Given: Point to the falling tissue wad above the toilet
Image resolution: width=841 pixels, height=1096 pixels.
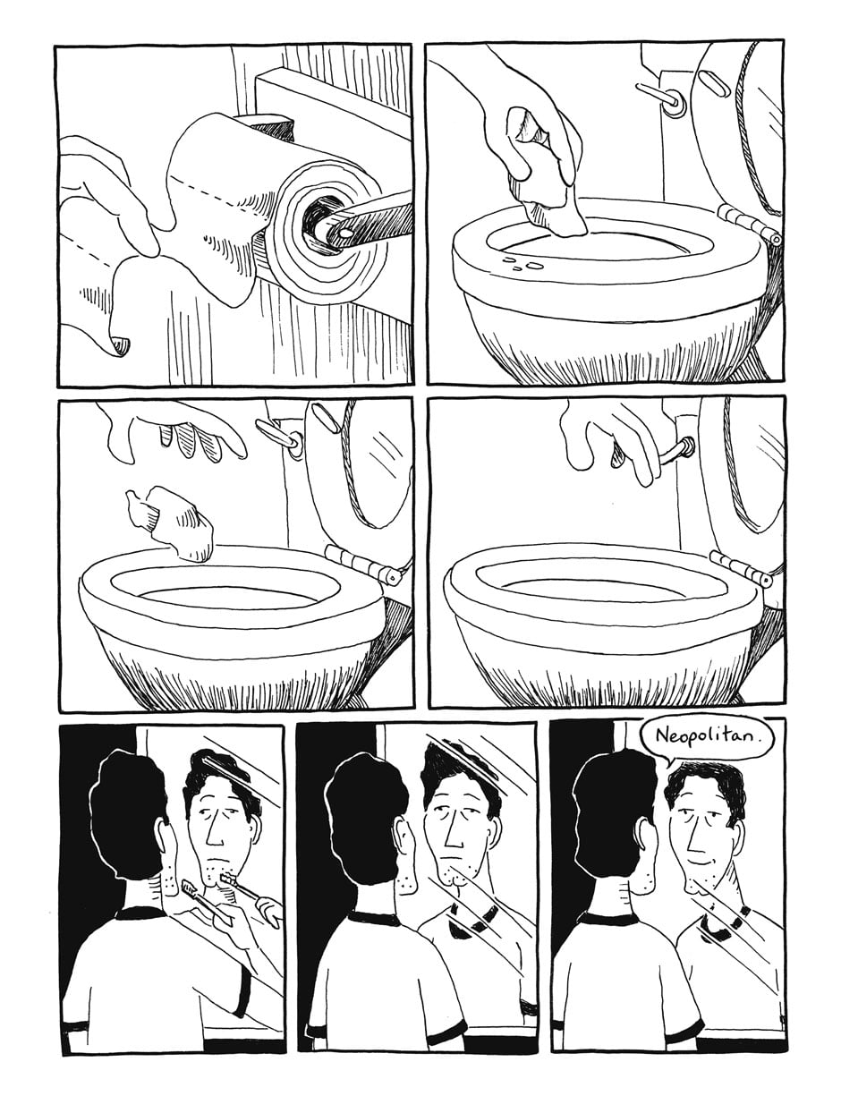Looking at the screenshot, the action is tap(169, 523).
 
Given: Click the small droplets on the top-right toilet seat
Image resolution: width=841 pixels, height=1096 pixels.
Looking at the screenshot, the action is tap(522, 263).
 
